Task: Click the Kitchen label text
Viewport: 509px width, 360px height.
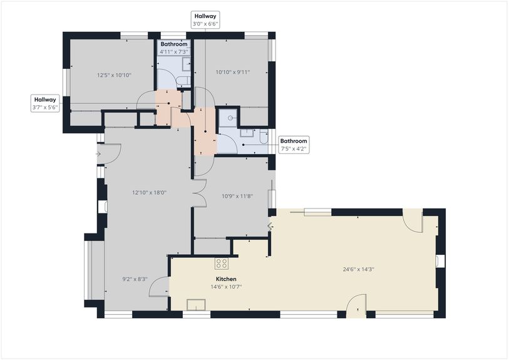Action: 226,279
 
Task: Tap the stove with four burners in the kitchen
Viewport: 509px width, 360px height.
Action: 222,264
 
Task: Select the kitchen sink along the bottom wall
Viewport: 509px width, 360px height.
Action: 197,305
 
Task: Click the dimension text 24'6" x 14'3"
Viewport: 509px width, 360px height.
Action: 358,270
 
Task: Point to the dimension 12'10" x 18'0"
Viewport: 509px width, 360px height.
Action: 149,193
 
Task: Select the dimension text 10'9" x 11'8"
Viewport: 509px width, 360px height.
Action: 237,196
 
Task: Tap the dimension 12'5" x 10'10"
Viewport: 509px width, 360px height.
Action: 113,75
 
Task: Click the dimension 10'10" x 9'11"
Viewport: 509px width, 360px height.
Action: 232,72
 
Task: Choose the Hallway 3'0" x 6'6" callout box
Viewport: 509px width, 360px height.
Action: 205,19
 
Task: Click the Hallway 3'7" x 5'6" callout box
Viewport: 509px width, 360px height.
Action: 45,103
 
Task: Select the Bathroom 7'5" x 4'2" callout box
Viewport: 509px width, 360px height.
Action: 293,145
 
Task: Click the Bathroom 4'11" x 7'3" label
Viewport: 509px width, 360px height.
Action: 173,48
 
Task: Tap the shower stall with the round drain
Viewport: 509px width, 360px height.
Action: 230,118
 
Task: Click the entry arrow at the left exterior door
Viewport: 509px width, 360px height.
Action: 99,153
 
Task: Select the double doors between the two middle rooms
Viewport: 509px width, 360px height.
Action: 200,192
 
